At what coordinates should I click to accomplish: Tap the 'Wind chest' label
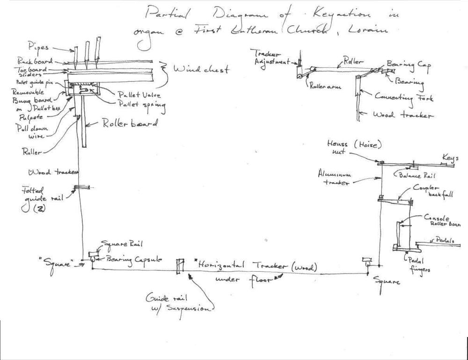pos(201,70)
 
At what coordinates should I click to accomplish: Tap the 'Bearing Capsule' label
pos(134,258)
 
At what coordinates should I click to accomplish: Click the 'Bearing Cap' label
pos(405,63)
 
